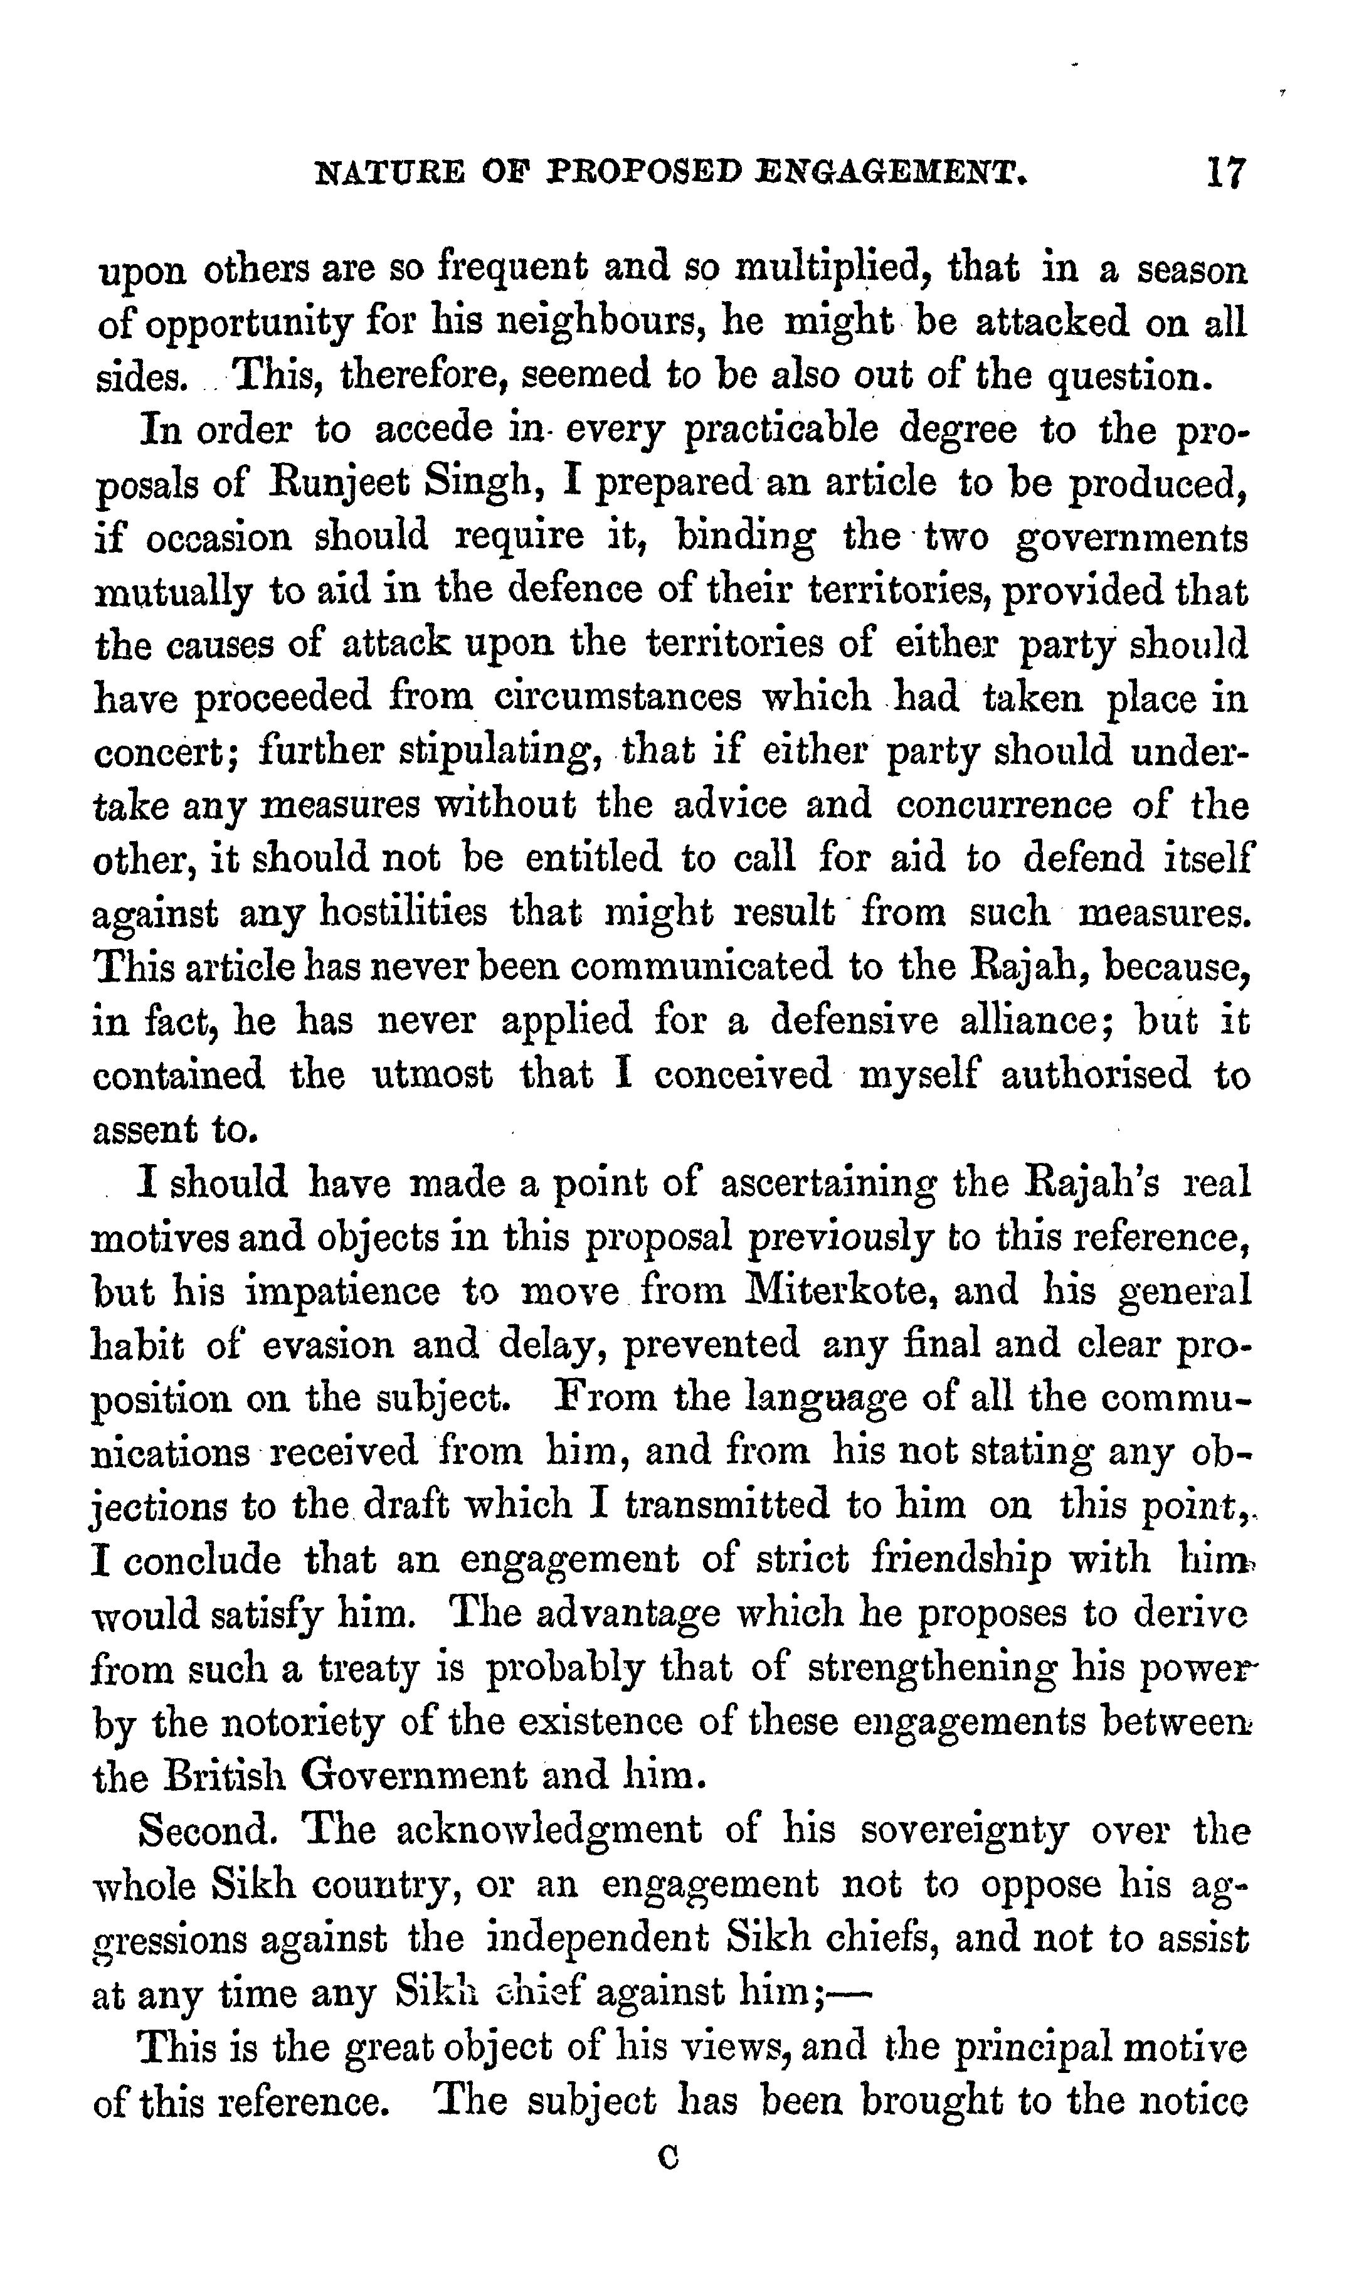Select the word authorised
pyautogui.click(x=1095, y=1074)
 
